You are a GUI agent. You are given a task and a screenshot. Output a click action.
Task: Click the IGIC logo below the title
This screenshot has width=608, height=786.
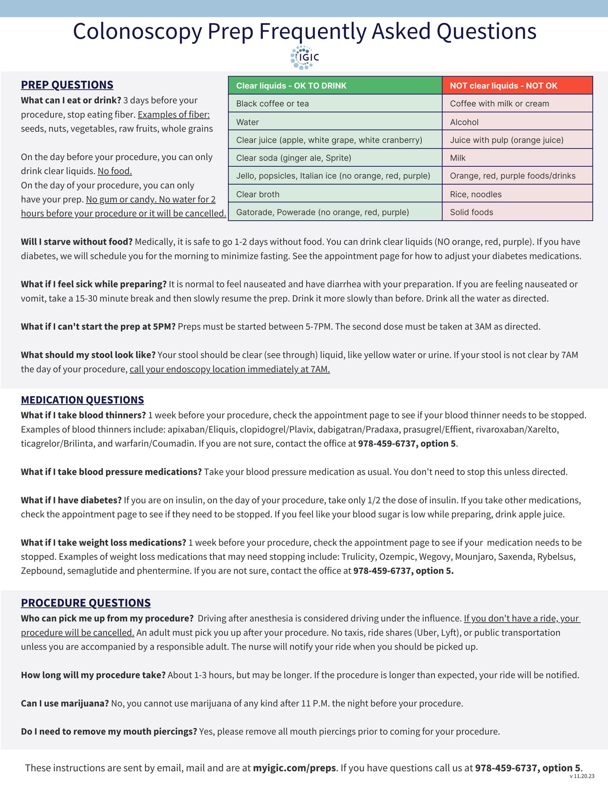(x=305, y=58)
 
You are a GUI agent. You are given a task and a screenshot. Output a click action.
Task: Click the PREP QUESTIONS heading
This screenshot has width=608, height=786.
(x=67, y=85)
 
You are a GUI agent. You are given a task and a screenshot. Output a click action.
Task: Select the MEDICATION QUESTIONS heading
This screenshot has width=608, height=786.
(x=82, y=400)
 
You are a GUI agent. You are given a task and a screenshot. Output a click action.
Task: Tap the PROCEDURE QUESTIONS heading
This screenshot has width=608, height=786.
(x=86, y=603)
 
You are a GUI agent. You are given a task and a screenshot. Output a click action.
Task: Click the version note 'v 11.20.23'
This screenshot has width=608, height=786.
(x=582, y=776)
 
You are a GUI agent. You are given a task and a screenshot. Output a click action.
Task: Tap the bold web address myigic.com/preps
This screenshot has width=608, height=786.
(x=294, y=768)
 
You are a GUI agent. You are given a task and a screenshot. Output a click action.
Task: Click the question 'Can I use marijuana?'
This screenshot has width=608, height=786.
(x=65, y=703)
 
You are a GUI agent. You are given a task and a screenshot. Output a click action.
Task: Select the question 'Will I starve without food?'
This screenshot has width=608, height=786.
(x=77, y=242)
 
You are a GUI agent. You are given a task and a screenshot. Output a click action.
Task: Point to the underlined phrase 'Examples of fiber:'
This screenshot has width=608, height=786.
(x=173, y=115)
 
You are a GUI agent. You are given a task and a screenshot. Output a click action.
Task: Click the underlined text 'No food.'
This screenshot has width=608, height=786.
(x=115, y=171)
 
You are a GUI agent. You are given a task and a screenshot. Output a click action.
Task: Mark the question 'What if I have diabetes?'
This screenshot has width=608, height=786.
(x=71, y=500)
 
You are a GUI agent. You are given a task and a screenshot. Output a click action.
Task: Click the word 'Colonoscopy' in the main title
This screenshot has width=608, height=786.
(x=137, y=31)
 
